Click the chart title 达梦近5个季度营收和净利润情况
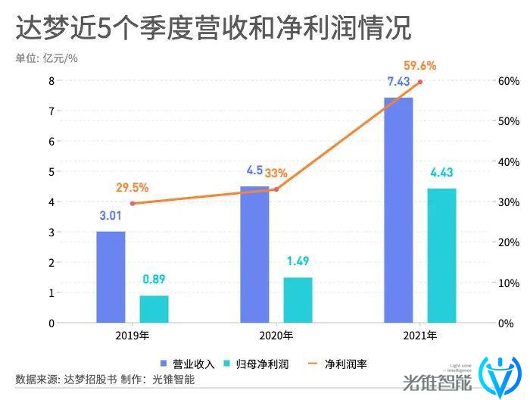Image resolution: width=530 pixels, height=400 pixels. pyautogui.click(x=213, y=28)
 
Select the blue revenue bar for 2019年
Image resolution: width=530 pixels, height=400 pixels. pyautogui.click(x=111, y=277)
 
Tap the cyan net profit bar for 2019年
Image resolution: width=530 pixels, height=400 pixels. pyautogui.click(x=154, y=309)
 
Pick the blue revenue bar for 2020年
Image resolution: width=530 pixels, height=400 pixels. pyautogui.click(x=254, y=255)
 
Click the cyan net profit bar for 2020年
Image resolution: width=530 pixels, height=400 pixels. pyautogui.click(x=298, y=300)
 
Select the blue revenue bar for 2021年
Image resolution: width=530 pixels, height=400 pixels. pyautogui.click(x=398, y=211)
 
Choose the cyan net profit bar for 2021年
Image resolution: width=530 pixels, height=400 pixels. pyautogui.click(x=441, y=255)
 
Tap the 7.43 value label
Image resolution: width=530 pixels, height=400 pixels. pyautogui.click(x=398, y=82)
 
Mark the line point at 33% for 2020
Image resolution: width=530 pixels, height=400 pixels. pyautogui.click(x=276, y=189)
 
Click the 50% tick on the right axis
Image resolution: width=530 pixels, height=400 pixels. pyautogui.click(x=507, y=121)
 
